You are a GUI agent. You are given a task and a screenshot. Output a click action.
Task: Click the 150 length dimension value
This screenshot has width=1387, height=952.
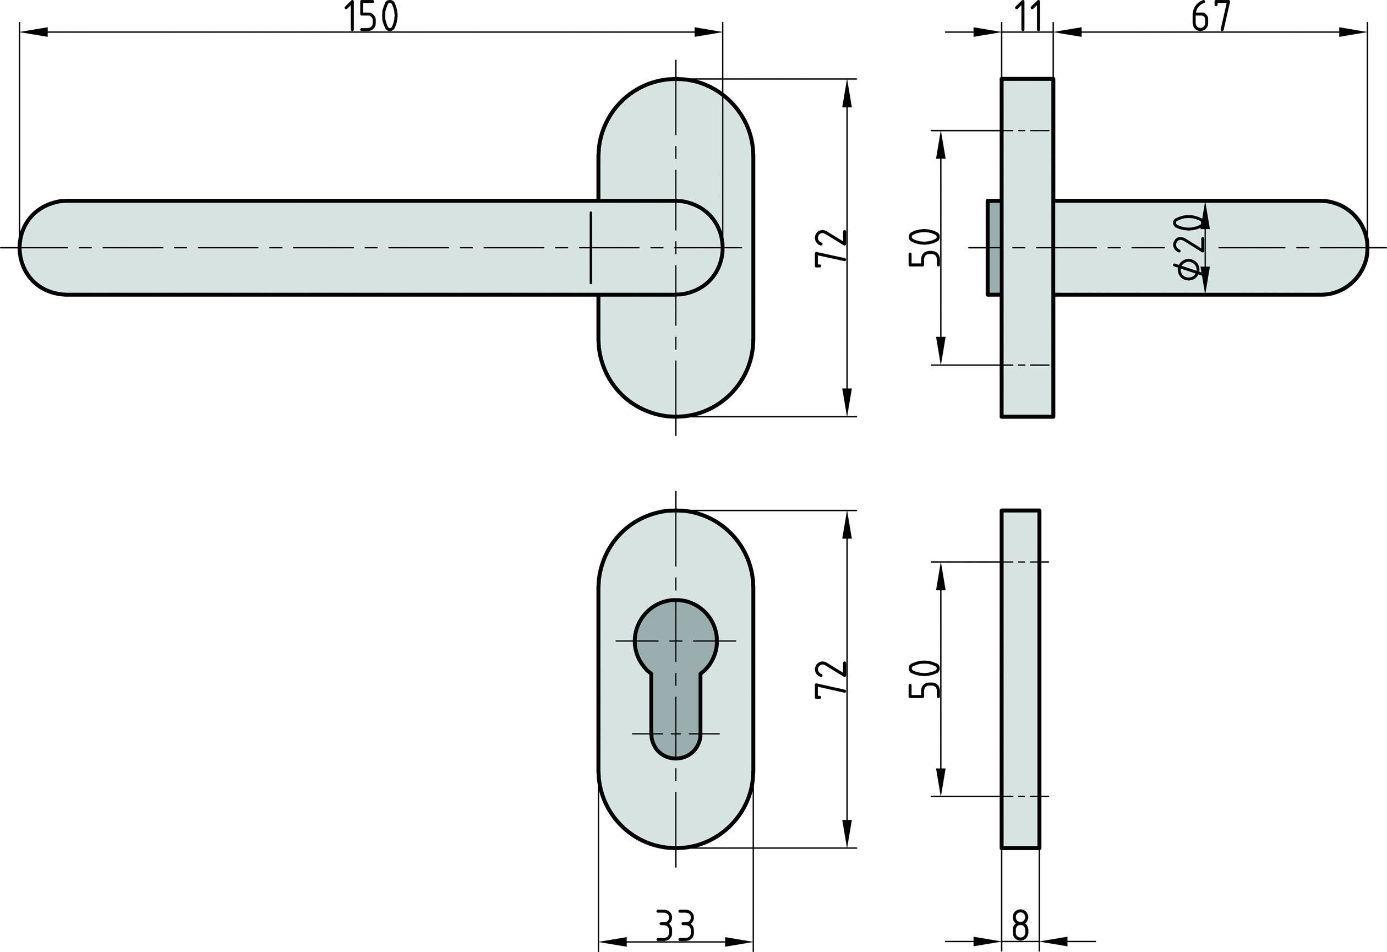tap(370, 17)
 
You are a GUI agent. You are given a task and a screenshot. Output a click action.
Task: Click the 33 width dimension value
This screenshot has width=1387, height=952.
tap(675, 926)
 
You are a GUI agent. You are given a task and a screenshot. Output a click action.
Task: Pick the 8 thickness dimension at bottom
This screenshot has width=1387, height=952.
tap(1020, 926)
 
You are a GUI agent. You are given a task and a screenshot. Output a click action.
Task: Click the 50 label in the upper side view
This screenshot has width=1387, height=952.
tap(924, 248)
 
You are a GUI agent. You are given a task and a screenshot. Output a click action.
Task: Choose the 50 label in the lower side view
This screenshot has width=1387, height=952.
tap(924, 679)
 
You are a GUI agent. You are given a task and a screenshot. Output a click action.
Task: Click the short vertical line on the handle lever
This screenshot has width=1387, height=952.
tap(591, 247)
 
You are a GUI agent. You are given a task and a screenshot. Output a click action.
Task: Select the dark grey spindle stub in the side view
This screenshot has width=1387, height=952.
tap(993, 247)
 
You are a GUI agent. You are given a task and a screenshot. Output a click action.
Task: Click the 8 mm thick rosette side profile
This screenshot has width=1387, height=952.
tap(1020, 679)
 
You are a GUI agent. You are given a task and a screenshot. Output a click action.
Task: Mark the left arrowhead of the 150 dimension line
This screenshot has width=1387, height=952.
tap(33, 32)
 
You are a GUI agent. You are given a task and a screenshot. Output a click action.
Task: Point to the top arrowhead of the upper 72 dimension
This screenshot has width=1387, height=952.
tap(847, 93)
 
